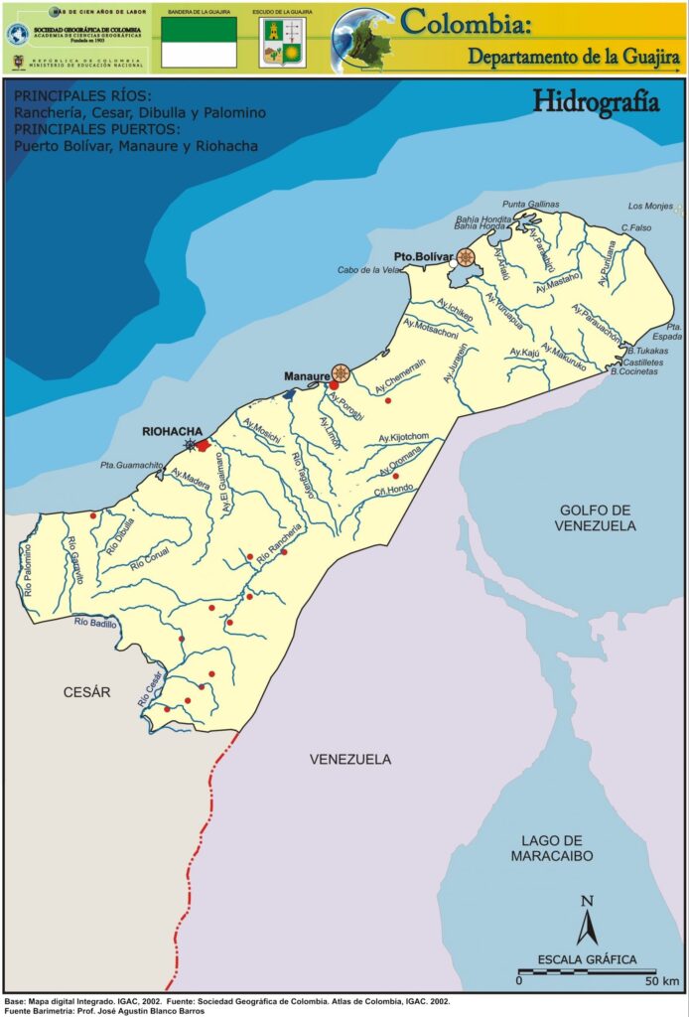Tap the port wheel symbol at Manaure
[x=342, y=373]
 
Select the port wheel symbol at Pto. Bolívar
[x=466, y=258]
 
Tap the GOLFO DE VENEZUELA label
[x=596, y=516]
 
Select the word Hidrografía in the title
[x=596, y=100]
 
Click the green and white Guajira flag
[x=199, y=42]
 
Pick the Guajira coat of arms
[x=282, y=43]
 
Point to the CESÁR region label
[x=86, y=692]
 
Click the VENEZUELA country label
[x=349, y=760]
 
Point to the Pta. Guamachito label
[x=132, y=464]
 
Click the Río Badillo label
[x=95, y=623]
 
